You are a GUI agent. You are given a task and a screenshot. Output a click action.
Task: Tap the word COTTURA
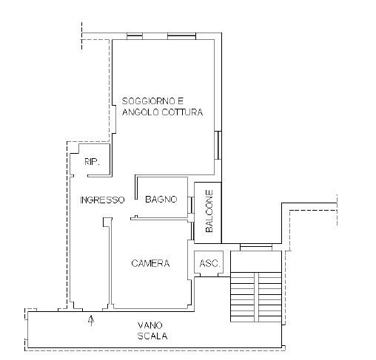click(183, 112)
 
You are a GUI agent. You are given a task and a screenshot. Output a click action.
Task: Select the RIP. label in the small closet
click(92, 162)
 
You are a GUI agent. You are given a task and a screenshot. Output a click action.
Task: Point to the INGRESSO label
click(102, 200)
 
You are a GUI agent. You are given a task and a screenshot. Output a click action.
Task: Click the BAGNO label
click(161, 199)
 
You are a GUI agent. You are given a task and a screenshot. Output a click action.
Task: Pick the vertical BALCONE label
click(209, 211)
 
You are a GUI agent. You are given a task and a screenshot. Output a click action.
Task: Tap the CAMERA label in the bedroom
click(150, 263)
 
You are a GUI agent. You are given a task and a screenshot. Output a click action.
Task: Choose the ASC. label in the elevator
click(209, 263)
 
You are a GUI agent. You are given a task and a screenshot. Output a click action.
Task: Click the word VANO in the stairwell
click(150, 325)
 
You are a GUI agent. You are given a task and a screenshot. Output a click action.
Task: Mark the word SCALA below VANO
click(152, 336)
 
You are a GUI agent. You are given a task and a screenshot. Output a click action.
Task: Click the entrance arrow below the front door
click(92, 320)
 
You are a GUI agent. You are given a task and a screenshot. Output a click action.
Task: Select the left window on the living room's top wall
click(135, 36)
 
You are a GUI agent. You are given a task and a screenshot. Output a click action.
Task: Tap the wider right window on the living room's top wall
click(181, 36)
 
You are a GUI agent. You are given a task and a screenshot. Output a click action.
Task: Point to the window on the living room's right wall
click(218, 145)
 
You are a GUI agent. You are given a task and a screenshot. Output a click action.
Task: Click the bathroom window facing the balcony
click(191, 205)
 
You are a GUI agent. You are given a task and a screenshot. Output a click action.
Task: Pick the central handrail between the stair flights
click(256, 297)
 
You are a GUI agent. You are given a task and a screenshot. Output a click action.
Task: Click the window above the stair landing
click(256, 247)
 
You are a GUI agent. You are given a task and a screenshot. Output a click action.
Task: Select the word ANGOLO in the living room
click(141, 112)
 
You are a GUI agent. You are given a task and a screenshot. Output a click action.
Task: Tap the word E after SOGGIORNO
click(181, 101)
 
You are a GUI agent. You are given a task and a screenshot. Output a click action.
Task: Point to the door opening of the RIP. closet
click(81, 176)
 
